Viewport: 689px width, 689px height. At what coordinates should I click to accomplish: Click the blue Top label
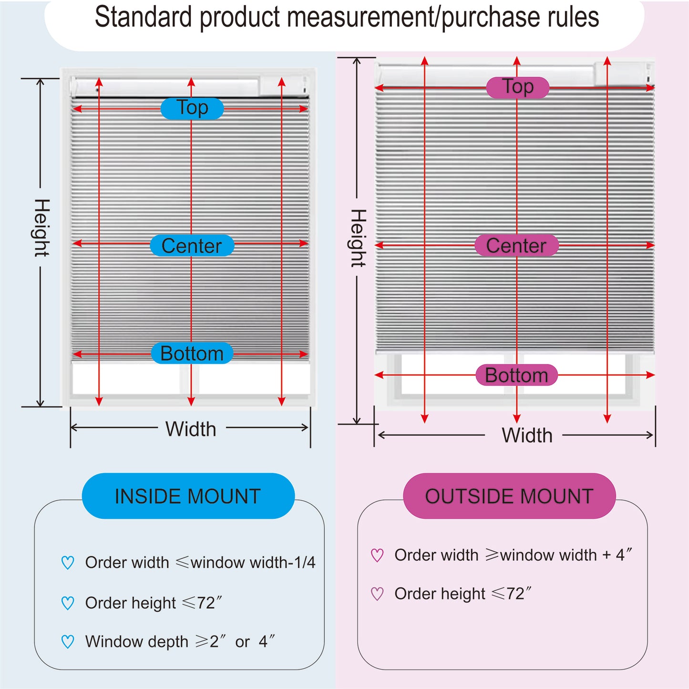[192, 108]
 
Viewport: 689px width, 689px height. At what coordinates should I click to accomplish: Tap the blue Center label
[192, 245]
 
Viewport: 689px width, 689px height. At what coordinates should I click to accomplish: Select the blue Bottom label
[192, 353]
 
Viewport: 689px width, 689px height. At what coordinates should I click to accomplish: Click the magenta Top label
[517, 87]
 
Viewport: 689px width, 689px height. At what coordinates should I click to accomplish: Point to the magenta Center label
[516, 245]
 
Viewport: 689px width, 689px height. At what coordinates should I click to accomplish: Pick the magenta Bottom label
[516, 375]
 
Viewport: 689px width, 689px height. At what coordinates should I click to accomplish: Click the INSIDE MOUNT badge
[188, 496]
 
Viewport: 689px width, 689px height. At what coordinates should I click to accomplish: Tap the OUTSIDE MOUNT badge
[509, 496]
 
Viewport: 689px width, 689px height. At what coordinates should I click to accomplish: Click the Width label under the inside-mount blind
[191, 429]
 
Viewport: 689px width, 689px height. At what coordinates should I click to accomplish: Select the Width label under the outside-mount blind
[527, 435]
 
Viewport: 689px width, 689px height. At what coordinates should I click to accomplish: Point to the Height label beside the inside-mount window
[41, 228]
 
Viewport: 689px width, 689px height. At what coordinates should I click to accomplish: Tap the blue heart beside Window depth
[68, 641]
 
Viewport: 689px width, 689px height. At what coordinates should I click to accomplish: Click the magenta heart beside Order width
[377, 555]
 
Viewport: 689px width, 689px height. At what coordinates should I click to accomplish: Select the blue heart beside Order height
[68, 603]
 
